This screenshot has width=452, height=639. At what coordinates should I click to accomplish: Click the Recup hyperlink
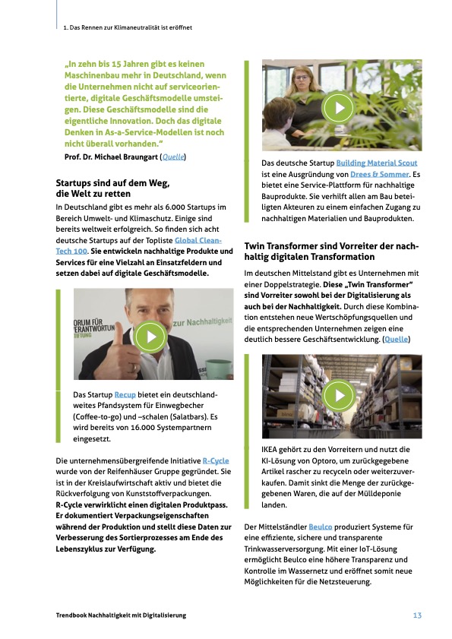[x=125, y=394]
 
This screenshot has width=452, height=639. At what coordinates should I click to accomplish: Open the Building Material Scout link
[x=377, y=163]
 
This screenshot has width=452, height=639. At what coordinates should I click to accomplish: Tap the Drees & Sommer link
[x=379, y=174]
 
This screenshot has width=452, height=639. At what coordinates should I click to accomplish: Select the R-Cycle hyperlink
[x=216, y=461]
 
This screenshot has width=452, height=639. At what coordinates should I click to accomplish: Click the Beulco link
[x=321, y=527]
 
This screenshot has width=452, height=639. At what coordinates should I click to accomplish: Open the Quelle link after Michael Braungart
[x=173, y=157]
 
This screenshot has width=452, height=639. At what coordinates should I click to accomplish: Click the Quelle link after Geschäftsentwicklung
[x=396, y=339]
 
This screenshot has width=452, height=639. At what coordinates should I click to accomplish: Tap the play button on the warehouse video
[x=338, y=395]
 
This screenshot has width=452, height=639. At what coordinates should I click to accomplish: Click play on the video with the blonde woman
[x=338, y=108]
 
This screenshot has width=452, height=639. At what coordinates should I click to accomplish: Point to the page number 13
[x=417, y=615]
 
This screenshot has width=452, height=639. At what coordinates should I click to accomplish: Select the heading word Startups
[x=73, y=183]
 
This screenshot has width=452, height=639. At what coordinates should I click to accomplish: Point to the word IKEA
[x=270, y=450]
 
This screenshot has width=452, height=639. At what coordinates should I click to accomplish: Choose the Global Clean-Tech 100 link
[x=138, y=245]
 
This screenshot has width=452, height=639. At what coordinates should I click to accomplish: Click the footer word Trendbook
[x=71, y=615]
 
